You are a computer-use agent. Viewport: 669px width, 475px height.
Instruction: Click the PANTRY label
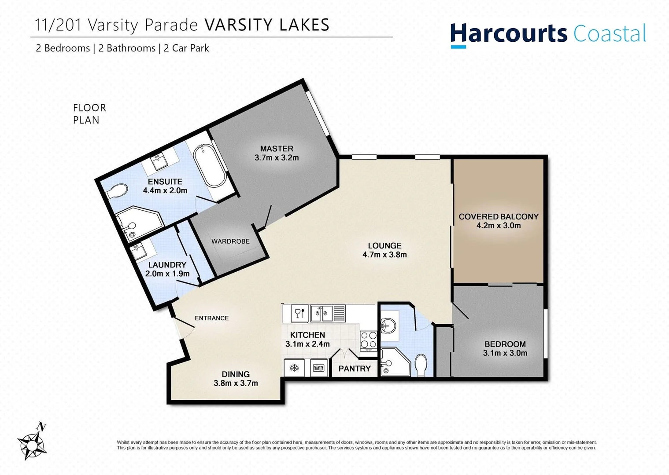point(354,369)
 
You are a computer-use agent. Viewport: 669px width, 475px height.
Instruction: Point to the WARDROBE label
point(230,241)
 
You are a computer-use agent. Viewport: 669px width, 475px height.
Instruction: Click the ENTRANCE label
point(212,318)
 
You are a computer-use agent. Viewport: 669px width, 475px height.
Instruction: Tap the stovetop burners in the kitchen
point(369,340)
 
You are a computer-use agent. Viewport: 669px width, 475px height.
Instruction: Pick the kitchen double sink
point(321,314)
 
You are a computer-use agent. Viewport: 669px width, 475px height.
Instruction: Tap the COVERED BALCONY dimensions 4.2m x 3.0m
point(499,226)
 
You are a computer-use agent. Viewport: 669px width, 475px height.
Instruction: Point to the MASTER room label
point(277,149)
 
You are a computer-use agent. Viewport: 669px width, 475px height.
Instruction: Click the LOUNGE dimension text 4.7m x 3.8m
point(384,255)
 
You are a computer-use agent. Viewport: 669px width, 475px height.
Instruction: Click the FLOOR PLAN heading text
point(89,114)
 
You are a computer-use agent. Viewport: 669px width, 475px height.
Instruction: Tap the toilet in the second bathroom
point(421,365)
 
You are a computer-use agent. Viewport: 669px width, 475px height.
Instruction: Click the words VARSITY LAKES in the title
point(267,25)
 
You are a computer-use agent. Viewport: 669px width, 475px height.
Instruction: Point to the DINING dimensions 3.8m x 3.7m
point(236,383)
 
